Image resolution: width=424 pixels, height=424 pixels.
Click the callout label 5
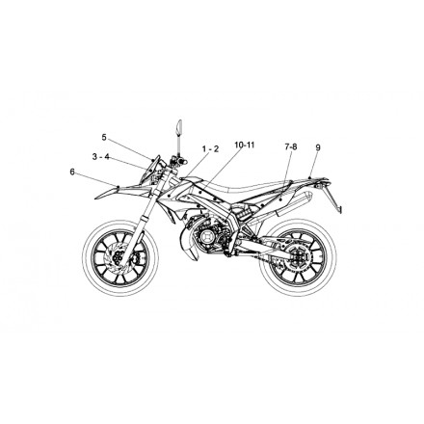coord(104,138)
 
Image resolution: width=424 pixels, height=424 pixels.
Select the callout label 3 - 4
coord(101,157)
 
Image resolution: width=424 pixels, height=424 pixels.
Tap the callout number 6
coord(72,172)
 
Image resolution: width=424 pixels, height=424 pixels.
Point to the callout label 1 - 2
coord(210,149)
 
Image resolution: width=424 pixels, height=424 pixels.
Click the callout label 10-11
coord(245,145)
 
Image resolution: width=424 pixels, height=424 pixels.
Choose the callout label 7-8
coord(291,147)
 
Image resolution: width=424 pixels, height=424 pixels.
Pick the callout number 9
coord(318,147)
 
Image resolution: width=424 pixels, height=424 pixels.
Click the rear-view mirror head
coord(179,127)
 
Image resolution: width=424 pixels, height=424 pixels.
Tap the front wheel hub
coord(119,257)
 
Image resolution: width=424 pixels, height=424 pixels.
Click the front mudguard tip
coord(95,199)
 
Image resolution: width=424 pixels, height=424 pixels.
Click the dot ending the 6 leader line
coord(119,187)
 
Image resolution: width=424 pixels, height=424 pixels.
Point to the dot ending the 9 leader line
coord(309,177)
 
